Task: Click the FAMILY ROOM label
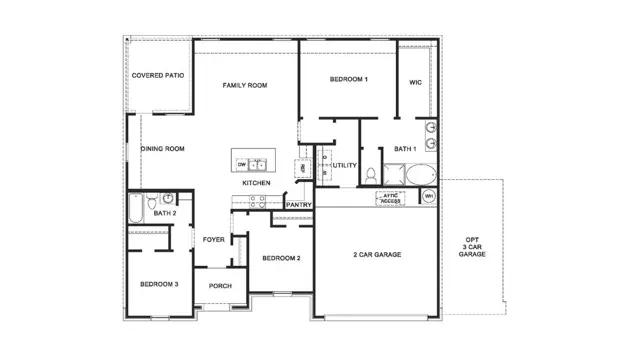(245, 86)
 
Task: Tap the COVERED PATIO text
(158, 75)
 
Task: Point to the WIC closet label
(416, 82)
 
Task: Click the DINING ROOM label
(162, 149)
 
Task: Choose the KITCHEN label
(256, 183)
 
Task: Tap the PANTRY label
(299, 205)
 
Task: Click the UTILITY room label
(345, 165)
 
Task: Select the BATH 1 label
(404, 149)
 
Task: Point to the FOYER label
(214, 239)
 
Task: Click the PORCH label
(220, 285)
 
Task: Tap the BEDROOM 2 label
(281, 258)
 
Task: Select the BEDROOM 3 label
(159, 284)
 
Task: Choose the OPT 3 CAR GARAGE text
(472, 247)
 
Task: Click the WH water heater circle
(428, 196)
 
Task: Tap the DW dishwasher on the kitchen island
(242, 163)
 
